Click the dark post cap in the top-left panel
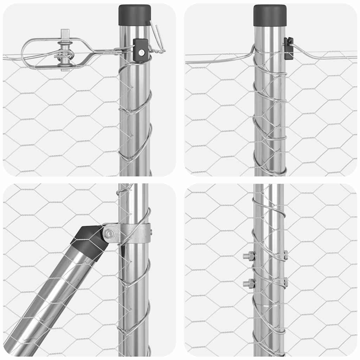click(135, 15)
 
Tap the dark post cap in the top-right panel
click(270, 15)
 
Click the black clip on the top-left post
click(141, 51)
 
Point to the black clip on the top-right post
click(288, 48)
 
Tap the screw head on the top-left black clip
click(141, 52)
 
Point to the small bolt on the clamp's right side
click(151, 232)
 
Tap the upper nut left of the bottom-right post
click(249, 256)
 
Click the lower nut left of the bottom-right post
click(249, 283)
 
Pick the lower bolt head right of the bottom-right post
click(285, 282)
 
